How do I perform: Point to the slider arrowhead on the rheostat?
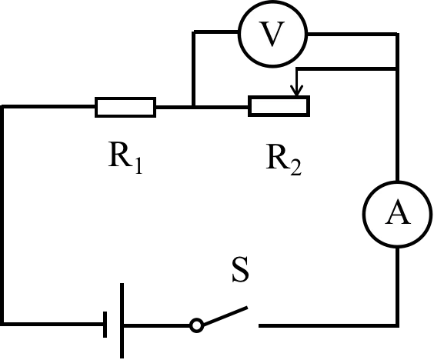coord(297,92)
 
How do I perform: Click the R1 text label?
coord(125,158)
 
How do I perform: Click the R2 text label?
coord(283,159)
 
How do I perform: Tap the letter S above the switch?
coord(240,269)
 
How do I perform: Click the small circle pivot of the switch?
coord(196,325)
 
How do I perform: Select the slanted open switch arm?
coord(225,315)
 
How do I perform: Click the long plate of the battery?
coord(122,321)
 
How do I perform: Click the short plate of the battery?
coord(105,325)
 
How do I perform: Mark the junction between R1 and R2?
coord(194,106)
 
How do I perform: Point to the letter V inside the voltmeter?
coord(272,34)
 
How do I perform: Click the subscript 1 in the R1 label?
coord(139,166)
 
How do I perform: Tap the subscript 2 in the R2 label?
coord(296,168)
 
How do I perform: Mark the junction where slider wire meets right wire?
coord(398,68)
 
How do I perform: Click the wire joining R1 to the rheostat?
coord(202,106)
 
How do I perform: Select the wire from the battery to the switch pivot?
coord(157,325)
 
